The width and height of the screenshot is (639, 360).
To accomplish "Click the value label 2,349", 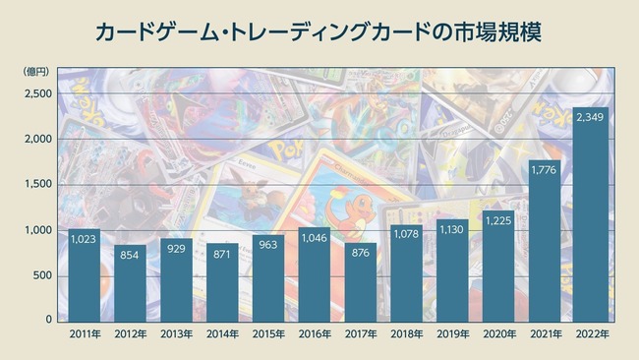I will click(x=591, y=117).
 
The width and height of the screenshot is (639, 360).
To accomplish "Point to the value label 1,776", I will click(x=545, y=170).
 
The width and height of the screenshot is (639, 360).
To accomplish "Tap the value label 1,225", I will click(x=498, y=219).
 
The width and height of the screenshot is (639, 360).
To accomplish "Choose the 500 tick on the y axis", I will click(x=41, y=275).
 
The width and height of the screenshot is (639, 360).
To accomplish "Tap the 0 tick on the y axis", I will click(x=48, y=320).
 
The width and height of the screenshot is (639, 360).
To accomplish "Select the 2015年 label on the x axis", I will click(x=268, y=335).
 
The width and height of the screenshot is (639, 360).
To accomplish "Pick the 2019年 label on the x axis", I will click(x=452, y=335).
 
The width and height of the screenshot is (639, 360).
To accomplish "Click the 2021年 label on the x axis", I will click(x=545, y=335).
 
